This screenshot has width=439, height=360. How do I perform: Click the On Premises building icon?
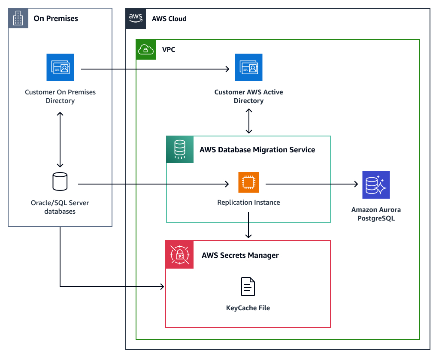[18, 18]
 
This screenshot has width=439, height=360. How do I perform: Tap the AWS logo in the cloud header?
[136, 18]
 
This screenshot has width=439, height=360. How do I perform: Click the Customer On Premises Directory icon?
[60, 67]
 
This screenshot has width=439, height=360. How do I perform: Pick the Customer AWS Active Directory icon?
[248, 67]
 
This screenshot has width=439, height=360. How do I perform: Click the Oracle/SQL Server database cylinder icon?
[60, 182]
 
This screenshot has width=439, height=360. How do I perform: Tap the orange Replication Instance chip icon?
[248, 183]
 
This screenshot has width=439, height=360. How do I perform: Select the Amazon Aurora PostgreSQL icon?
[376, 185]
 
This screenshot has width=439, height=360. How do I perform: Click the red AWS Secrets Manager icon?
[179, 255]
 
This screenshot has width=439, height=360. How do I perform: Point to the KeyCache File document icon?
[248, 287]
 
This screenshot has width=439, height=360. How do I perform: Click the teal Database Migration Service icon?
[180, 149]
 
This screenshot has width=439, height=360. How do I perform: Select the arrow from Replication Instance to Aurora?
[312, 185]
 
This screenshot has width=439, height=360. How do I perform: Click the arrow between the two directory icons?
[154, 69]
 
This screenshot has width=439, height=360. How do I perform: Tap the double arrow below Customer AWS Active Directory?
[248, 121]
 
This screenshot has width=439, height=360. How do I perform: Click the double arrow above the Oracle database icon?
[60, 139]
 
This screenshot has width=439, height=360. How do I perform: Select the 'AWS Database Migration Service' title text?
[257, 150]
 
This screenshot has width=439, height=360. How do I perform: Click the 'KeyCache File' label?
[248, 308]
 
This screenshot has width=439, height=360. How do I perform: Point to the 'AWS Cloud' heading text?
[169, 19]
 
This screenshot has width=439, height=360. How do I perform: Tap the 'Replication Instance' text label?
[248, 202]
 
